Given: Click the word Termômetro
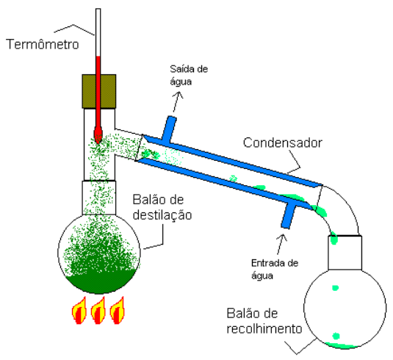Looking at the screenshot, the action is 43,44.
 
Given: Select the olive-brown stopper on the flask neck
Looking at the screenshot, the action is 99,91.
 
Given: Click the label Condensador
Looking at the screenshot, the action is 283,143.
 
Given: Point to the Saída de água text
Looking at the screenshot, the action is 189,75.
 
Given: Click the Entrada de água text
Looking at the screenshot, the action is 275,269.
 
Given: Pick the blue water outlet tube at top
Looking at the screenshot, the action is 169,129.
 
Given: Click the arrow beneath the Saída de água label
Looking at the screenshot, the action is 178,101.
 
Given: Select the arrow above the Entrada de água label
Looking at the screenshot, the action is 281,245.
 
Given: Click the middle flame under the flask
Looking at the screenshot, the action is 98,311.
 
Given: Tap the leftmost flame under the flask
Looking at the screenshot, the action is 79,311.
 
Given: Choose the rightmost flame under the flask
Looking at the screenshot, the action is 117,311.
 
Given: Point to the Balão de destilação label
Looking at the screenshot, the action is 162,207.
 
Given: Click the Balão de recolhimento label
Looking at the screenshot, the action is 264,321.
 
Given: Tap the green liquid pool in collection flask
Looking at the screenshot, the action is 342,345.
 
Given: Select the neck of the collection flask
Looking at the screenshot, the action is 345,253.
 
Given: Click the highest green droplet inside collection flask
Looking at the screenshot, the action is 336,288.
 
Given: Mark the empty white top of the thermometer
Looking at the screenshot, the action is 98,32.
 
